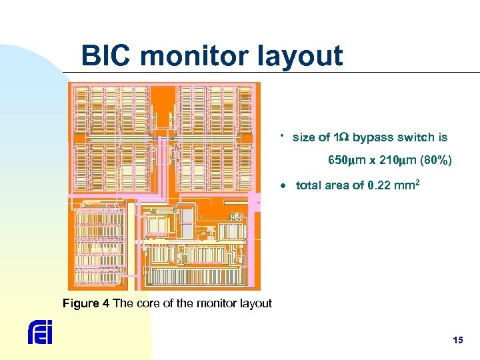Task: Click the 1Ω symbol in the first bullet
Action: [341, 137]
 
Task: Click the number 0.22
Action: [379, 185]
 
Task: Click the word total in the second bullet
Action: [308, 185]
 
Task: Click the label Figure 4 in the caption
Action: [86, 304]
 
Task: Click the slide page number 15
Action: [457, 340]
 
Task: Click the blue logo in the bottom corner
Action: [40, 332]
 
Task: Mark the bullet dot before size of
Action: [283, 135]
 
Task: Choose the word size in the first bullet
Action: [304, 137]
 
